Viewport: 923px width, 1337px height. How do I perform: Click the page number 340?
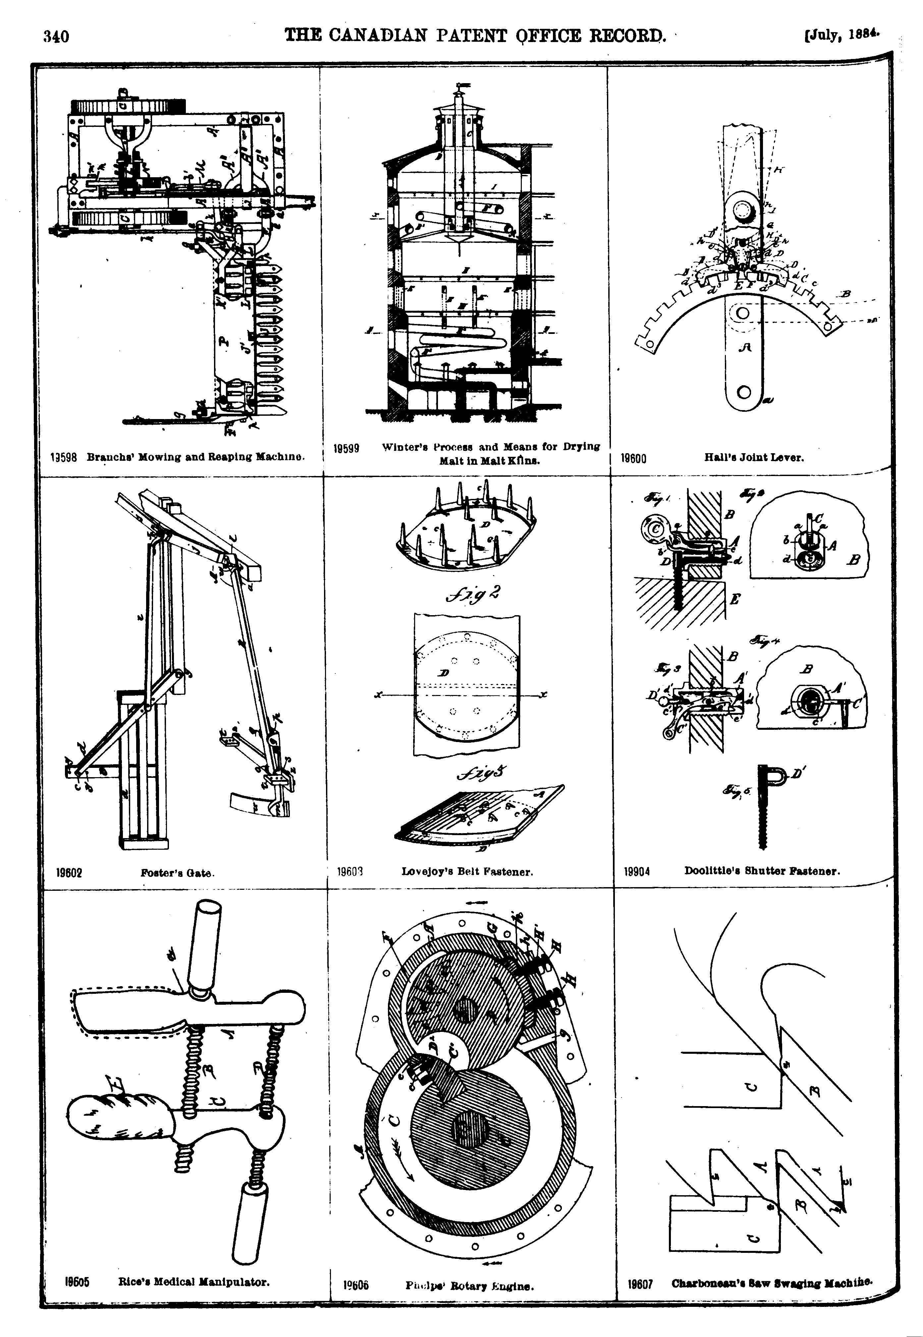point(56,37)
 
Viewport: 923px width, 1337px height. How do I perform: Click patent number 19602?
point(69,873)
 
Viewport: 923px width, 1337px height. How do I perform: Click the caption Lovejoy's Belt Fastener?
point(467,872)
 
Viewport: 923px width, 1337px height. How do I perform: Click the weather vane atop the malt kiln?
point(461,87)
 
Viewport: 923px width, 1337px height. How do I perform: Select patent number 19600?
point(634,458)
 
